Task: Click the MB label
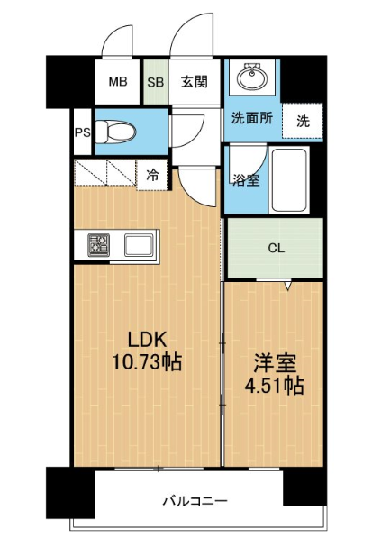(118, 82)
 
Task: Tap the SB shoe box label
(156, 82)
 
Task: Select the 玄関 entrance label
(195, 82)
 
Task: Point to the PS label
(83, 132)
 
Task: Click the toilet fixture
(115, 132)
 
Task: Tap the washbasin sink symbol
(252, 77)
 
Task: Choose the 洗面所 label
(252, 119)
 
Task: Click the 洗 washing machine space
(303, 121)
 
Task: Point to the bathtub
(289, 180)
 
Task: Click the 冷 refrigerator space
(152, 175)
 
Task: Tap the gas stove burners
(99, 245)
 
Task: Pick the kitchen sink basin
(139, 245)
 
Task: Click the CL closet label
(277, 249)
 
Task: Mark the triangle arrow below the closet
(287, 286)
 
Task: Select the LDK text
(147, 340)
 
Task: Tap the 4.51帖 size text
(275, 386)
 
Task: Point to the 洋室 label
(275, 363)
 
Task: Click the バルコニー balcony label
(195, 502)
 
